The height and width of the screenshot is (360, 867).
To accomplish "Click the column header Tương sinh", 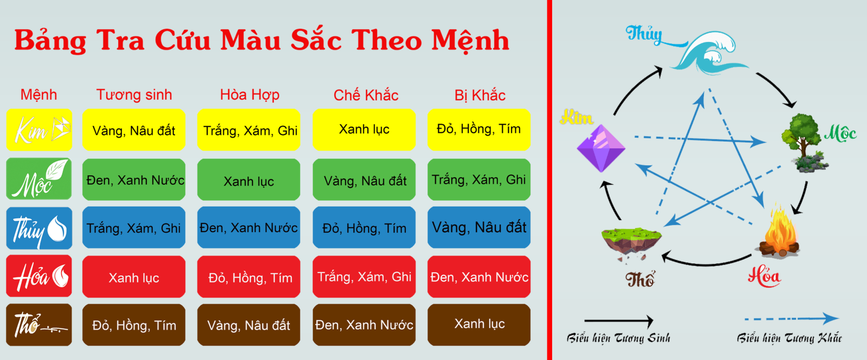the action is tap(134, 95).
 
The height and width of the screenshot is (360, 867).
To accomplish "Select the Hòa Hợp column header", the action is tap(250, 95).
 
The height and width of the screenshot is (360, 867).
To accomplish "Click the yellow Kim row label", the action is tap(39, 130).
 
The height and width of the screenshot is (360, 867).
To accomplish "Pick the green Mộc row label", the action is tap(39, 178).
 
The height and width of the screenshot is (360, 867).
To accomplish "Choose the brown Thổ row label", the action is tap(39, 324).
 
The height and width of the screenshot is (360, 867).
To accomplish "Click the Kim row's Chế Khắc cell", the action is tap(364, 130).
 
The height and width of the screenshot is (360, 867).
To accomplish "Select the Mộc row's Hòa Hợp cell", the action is tap(249, 179).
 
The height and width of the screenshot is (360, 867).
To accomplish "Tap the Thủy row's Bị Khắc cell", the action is tap(479, 227).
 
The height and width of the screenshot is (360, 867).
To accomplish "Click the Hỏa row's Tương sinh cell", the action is tap(133, 277).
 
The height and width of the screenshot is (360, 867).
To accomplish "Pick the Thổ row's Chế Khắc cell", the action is tap(364, 324).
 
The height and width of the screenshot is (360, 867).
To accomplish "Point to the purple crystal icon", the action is tap(601, 148).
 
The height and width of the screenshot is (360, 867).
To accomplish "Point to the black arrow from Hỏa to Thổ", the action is tap(707, 264).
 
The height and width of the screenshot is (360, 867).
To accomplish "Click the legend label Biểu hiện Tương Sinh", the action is tap(618, 338).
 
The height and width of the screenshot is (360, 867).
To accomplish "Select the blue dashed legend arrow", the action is tap(792, 319).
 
